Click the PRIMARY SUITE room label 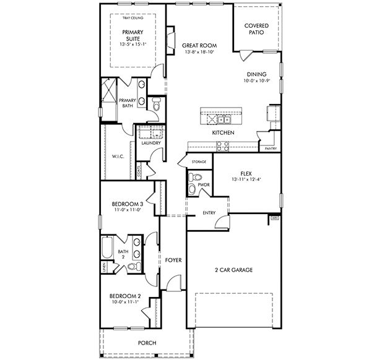coord(132,35)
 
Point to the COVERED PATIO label coord(256,29)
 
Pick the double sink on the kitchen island coord(224,119)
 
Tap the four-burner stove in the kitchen coord(222,146)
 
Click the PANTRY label coord(270,149)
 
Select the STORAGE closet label coord(198,162)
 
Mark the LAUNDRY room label coord(151,144)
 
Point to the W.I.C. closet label coord(118,156)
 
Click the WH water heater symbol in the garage coord(274,218)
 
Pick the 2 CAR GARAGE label coord(234,270)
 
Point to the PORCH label coord(147,343)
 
